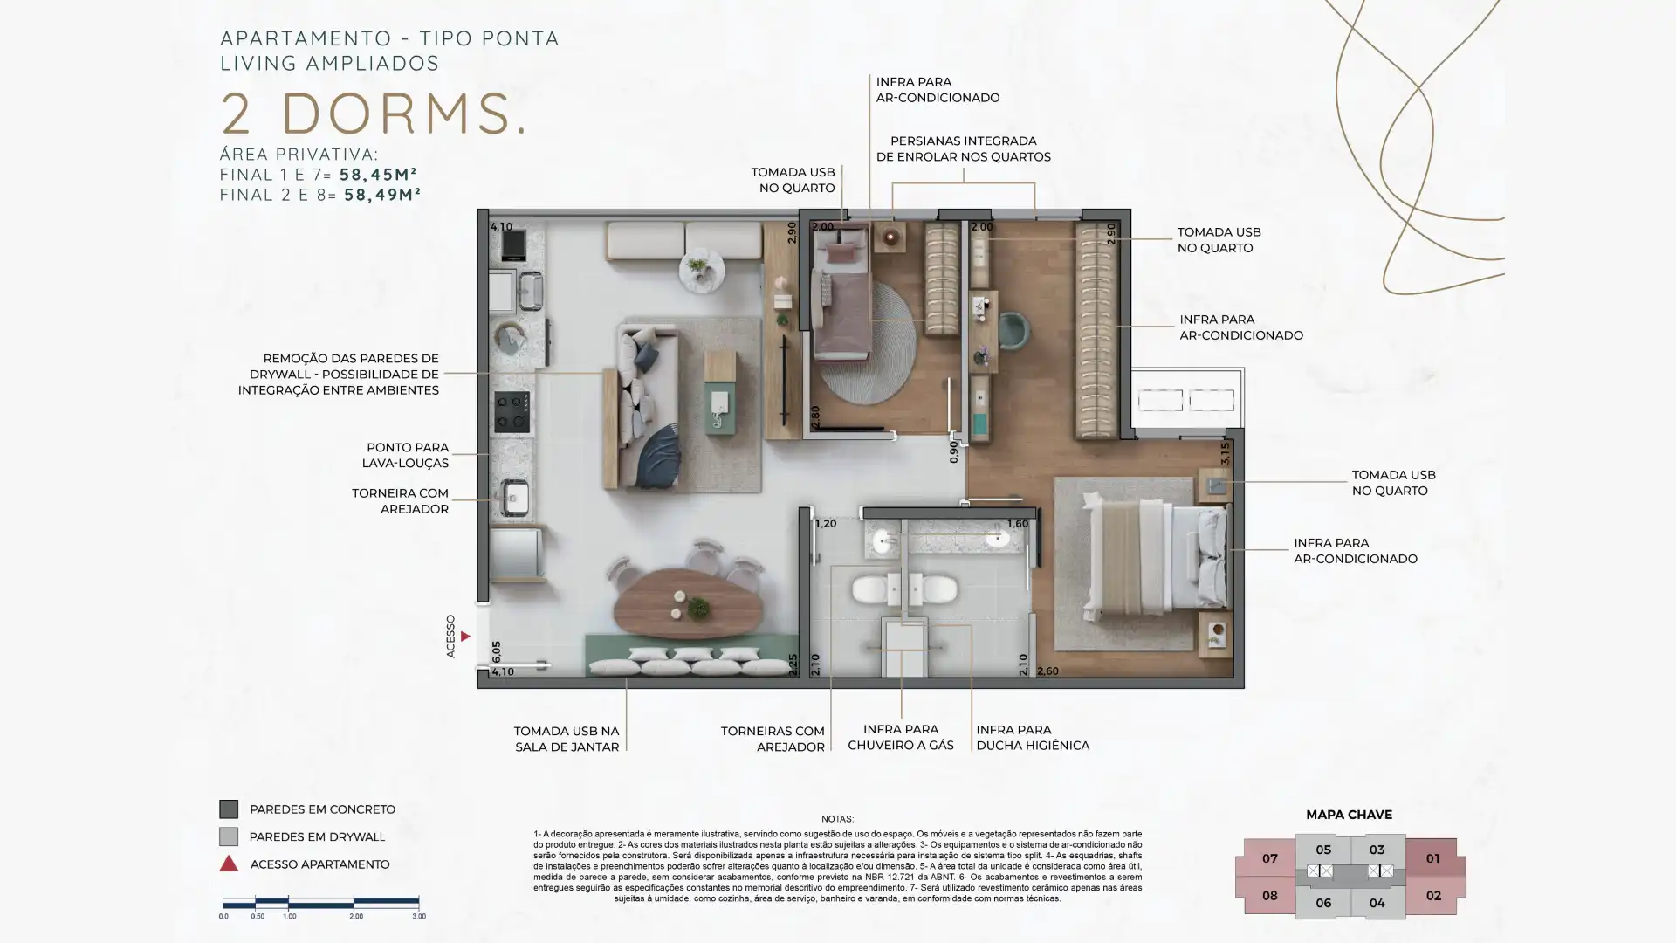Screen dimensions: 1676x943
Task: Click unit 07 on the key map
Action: pyautogui.click(x=1269, y=858)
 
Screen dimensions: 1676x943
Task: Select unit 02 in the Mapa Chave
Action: pyautogui.click(x=1432, y=896)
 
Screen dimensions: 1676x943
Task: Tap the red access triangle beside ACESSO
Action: pyautogui.click(x=465, y=637)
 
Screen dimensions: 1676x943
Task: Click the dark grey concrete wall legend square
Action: pyautogui.click(x=229, y=809)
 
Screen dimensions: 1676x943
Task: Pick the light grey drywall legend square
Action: pyautogui.click(x=229, y=836)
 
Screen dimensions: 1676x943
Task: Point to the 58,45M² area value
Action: pyautogui.click(x=378, y=174)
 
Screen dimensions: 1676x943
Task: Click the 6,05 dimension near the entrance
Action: pyautogui.click(x=496, y=652)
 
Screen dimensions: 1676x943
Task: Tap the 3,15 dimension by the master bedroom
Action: pyautogui.click(x=1225, y=452)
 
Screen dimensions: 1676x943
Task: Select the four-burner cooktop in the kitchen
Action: pyautogui.click(x=512, y=412)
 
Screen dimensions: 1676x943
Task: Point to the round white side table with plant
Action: pyautogui.click(x=702, y=271)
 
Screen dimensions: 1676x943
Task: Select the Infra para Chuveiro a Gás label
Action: pyautogui.click(x=900, y=737)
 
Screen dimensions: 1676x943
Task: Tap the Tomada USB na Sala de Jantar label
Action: pyautogui.click(x=567, y=739)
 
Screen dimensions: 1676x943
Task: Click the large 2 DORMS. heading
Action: pyautogui.click(x=374, y=114)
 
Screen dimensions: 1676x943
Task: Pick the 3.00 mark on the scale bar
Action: pyautogui.click(x=419, y=916)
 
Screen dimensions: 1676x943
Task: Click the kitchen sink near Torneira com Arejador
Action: pyautogui.click(x=514, y=499)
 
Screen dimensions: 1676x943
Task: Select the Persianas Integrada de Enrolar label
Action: pyautogui.click(x=963, y=148)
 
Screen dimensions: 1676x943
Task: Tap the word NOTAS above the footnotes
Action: pyautogui.click(x=837, y=819)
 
